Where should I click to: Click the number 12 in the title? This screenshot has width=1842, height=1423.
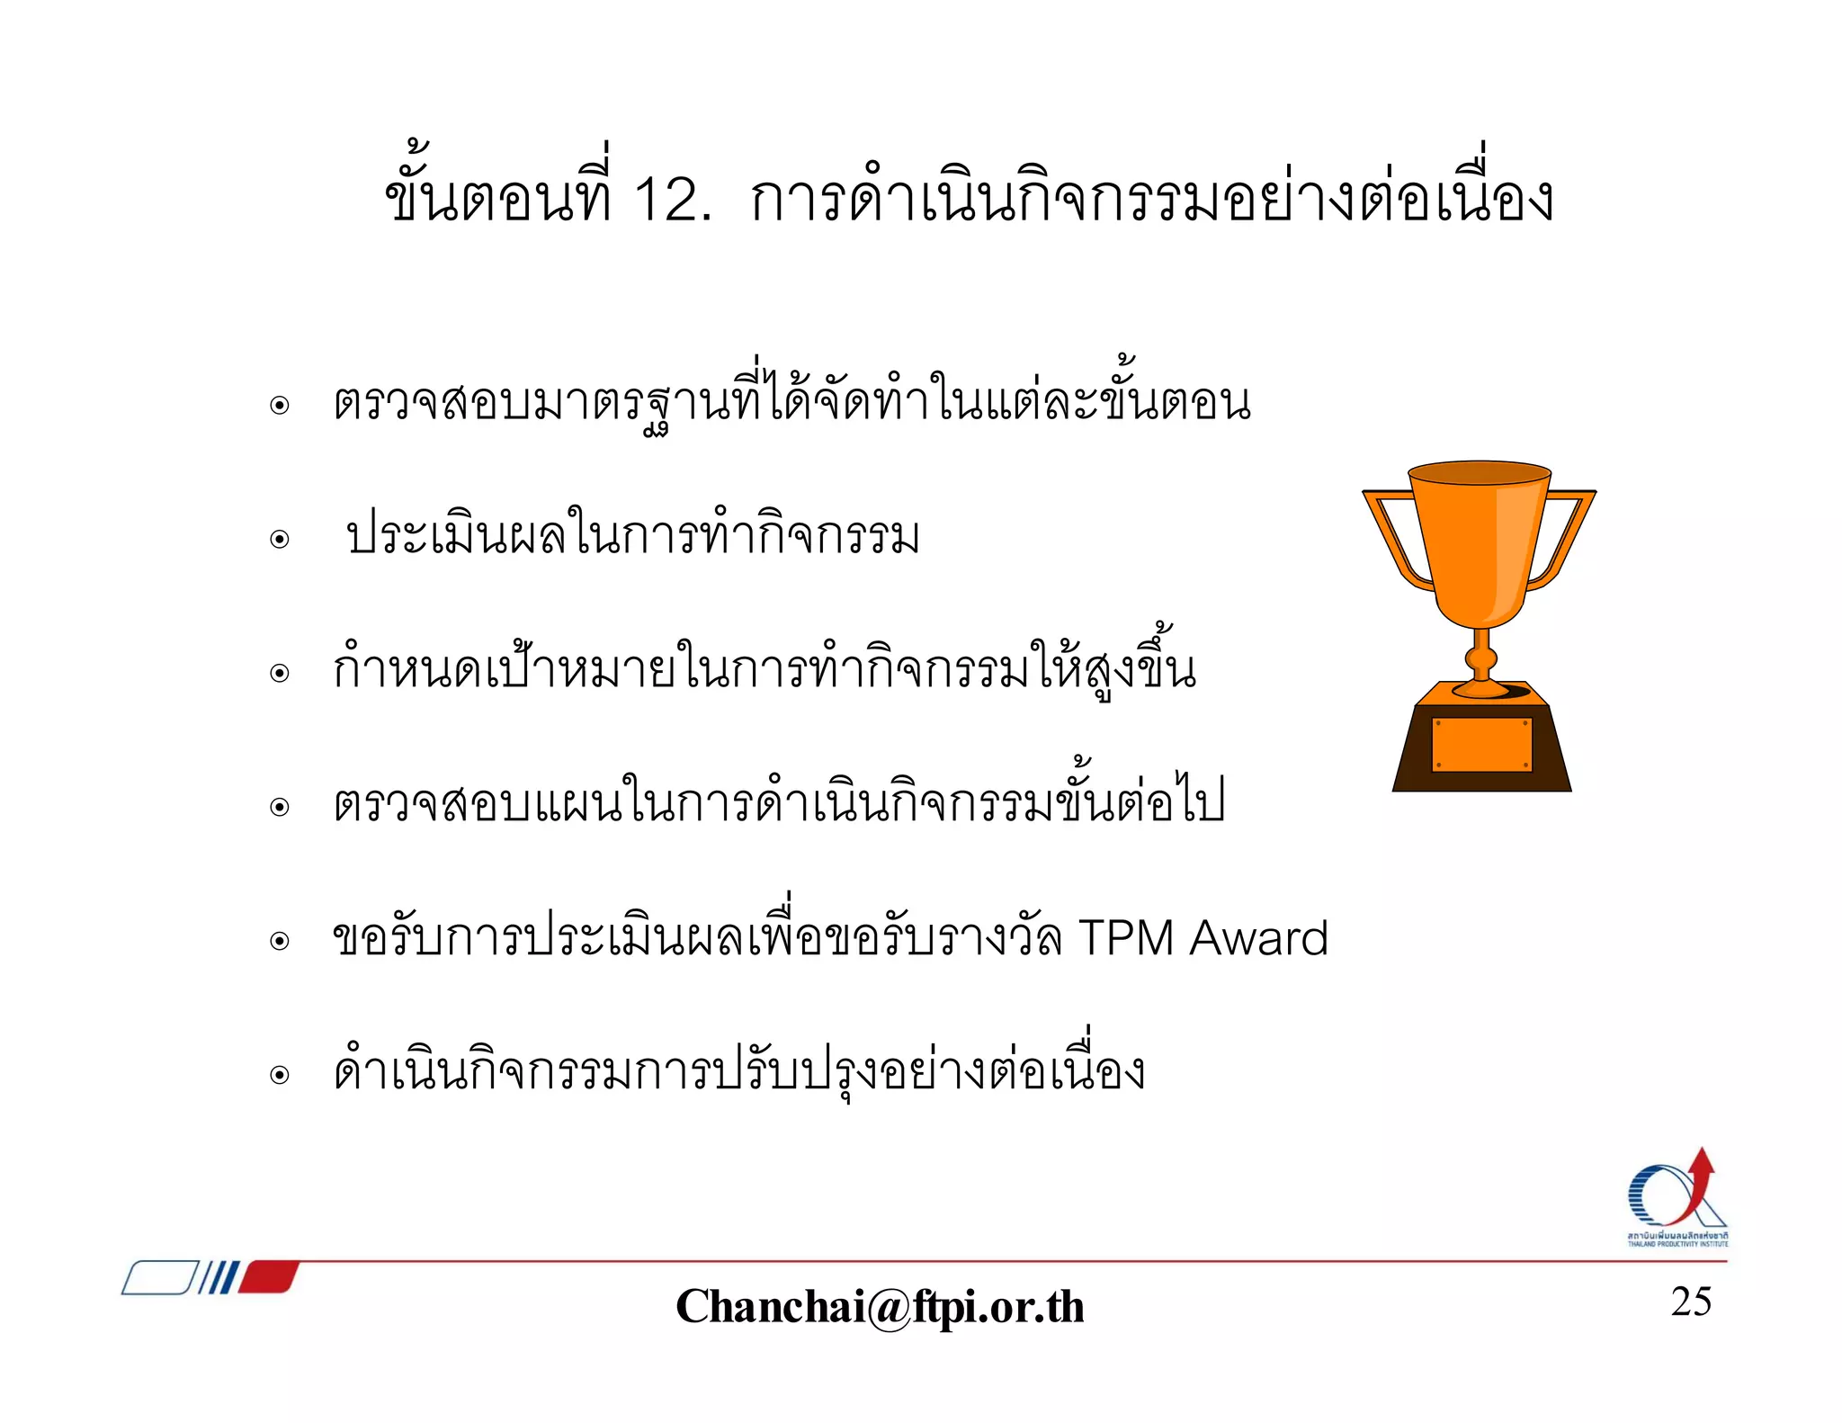(x=666, y=200)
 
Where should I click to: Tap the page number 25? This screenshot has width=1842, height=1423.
(x=1691, y=1302)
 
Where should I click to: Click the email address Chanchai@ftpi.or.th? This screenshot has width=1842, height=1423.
(x=880, y=1306)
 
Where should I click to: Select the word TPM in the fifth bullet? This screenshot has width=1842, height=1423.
(x=1126, y=938)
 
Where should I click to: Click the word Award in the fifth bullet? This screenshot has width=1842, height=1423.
(x=1258, y=938)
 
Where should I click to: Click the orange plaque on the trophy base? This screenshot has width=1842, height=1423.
(x=1481, y=744)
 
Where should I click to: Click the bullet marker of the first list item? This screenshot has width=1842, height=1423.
(x=280, y=406)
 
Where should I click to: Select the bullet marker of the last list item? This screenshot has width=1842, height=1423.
(x=280, y=1075)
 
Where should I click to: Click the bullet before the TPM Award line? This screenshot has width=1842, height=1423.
(x=280, y=942)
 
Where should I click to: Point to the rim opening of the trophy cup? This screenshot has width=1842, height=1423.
(x=1480, y=472)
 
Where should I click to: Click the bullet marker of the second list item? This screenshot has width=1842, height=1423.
(x=280, y=540)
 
